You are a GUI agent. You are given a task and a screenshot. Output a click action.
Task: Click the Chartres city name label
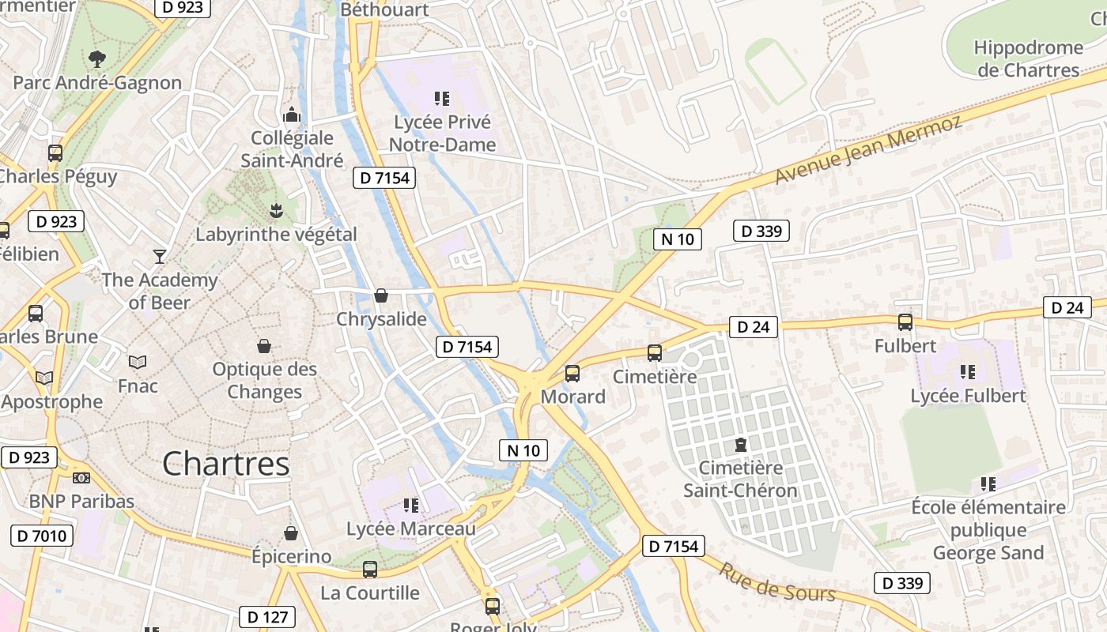tap(225, 464)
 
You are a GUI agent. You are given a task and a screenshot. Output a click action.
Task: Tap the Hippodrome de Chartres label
tap(1028, 58)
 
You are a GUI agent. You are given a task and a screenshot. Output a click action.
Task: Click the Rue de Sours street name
tap(776, 583)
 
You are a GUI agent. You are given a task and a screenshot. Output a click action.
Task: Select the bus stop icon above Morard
tap(572, 373)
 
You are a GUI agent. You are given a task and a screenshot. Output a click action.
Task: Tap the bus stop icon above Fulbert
tap(905, 322)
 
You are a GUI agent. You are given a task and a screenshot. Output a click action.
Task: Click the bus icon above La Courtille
tap(369, 569)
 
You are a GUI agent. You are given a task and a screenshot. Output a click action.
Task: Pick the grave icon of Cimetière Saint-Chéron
tap(740, 445)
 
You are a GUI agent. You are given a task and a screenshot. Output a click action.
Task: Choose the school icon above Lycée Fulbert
tap(967, 371)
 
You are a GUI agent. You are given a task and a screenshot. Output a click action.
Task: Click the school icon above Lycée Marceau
tap(410, 504)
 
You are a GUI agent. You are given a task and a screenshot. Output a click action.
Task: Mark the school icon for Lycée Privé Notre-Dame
tap(442, 99)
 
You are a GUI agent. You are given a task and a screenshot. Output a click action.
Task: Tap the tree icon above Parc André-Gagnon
tap(97, 58)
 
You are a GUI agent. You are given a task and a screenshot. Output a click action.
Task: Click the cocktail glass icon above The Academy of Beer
tap(160, 256)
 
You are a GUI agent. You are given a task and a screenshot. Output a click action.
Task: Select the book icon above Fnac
tap(138, 362)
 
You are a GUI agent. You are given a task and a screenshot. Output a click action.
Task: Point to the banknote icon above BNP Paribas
tap(81, 477)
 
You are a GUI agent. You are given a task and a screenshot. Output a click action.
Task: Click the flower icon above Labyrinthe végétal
tap(276, 210)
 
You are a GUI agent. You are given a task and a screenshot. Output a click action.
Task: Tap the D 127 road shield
tap(267, 617)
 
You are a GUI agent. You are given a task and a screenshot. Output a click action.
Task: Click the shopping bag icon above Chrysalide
tap(381, 295)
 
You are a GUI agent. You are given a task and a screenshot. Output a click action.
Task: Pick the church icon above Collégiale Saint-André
tap(293, 115)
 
